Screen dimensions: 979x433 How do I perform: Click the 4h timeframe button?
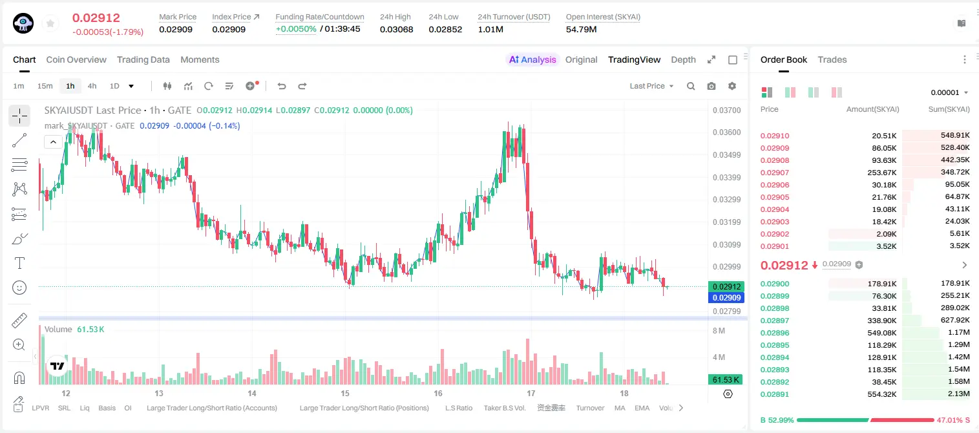(x=92, y=86)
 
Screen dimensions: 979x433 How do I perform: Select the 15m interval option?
(x=45, y=86)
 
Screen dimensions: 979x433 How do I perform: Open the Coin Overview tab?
(x=76, y=59)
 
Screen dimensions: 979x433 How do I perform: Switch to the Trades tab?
(x=832, y=59)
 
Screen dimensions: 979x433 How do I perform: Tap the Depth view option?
(x=683, y=59)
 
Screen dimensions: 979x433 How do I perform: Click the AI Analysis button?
(x=532, y=59)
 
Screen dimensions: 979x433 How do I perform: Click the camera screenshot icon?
(x=711, y=86)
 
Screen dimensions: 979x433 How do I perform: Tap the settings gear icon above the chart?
(x=732, y=86)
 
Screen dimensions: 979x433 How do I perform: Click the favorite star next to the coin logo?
(x=50, y=23)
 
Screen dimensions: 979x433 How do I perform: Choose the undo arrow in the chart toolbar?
(x=282, y=86)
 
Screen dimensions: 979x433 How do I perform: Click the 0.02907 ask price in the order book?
(x=774, y=173)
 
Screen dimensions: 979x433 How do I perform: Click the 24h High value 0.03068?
(x=396, y=29)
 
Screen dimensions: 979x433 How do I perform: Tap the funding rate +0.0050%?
(x=296, y=29)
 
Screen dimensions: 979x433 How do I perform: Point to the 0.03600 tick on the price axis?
(x=726, y=132)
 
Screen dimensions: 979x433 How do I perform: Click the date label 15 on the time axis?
(x=345, y=393)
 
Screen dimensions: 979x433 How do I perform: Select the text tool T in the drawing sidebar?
(x=19, y=263)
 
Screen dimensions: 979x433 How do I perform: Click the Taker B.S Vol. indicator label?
(x=504, y=408)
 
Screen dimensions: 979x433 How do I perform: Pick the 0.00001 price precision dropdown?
(x=949, y=92)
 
